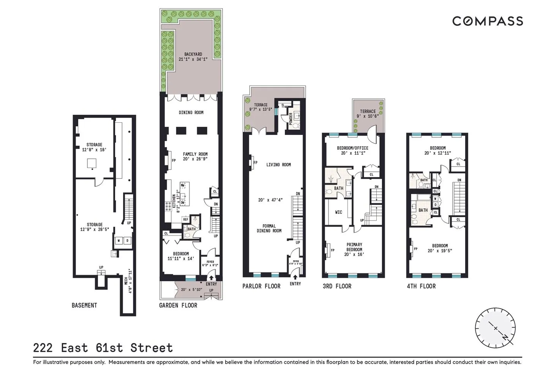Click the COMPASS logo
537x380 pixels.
487,21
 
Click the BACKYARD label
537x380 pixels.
193,54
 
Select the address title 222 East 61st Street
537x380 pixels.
103,348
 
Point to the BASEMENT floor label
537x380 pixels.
84,305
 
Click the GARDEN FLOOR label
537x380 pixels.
178,305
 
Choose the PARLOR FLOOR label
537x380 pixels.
261,286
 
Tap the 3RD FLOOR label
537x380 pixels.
337,286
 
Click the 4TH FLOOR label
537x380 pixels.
421,286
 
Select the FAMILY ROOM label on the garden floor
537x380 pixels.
195,154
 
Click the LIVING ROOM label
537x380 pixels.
278,165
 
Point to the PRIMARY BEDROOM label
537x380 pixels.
354,247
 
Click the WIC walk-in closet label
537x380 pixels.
339,212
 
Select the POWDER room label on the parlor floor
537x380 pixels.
291,119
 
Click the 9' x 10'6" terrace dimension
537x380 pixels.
368,116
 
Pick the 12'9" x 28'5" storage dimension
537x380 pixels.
94,230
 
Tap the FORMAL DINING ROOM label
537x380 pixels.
269,228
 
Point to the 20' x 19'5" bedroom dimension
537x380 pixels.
440,251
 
